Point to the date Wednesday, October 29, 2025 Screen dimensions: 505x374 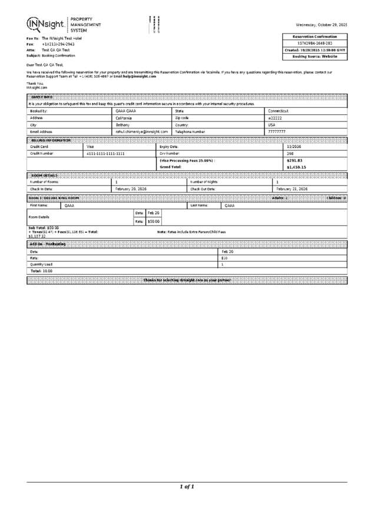pyautogui.click(x=322, y=25)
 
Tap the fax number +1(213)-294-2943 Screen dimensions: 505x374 pyautogui.click(x=58, y=44)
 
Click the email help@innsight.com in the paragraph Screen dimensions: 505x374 pyautogui.click(x=140, y=77)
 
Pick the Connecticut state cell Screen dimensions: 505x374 pyautogui.click(x=278, y=111)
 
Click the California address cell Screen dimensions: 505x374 pyautogui.click(x=124, y=118)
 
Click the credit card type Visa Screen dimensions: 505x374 pyautogui.click(x=91, y=146)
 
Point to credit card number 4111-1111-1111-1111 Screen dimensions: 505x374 pyautogui.click(x=105, y=153)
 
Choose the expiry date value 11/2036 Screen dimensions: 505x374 pyautogui.click(x=293, y=146)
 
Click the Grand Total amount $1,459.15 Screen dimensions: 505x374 pyautogui.click(x=296, y=167)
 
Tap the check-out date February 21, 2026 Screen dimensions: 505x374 pyautogui.click(x=292, y=189)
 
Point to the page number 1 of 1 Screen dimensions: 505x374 pyautogui.click(x=187, y=487)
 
